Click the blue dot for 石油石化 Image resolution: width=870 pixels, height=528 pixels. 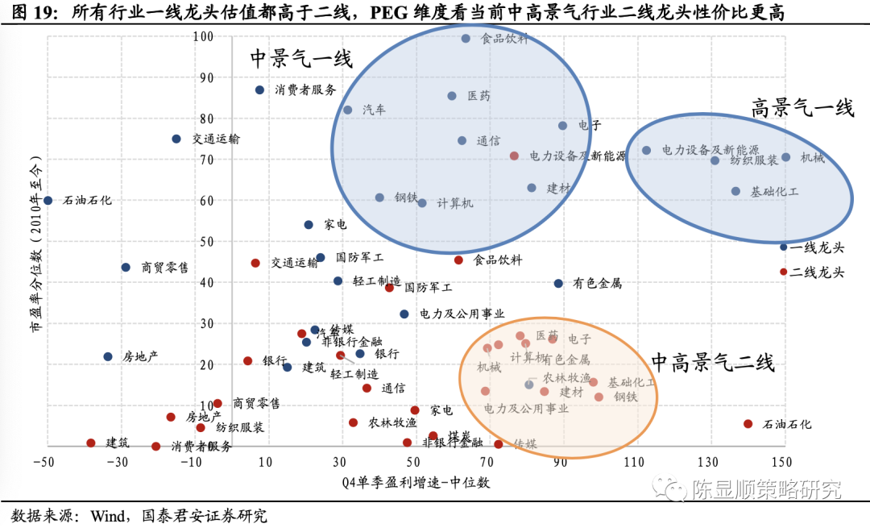click(x=48, y=200)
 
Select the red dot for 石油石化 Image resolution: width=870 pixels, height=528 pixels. click(x=748, y=424)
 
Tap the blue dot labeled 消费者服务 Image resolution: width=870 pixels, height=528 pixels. click(x=259, y=90)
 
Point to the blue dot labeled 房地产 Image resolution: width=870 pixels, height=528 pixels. click(x=108, y=356)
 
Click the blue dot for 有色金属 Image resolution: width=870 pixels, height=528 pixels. click(x=558, y=283)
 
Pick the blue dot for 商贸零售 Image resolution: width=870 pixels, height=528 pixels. click(x=126, y=267)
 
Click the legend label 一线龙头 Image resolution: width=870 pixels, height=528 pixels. click(x=817, y=247)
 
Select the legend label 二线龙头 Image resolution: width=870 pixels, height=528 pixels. click(x=817, y=272)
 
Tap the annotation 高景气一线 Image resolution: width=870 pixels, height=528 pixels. click(x=802, y=108)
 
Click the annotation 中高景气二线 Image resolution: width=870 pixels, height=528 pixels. click(x=712, y=363)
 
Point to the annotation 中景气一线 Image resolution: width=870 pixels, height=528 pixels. click(x=300, y=59)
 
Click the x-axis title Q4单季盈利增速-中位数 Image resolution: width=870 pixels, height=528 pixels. click(x=414, y=482)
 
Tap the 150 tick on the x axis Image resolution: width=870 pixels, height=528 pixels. click(x=781, y=462)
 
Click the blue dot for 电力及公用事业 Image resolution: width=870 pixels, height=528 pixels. click(x=404, y=314)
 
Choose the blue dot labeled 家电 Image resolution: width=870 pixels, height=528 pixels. click(x=309, y=225)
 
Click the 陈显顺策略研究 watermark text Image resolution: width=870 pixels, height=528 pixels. click(x=766, y=489)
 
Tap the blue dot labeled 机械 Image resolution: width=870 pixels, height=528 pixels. click(x=785, y=157)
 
